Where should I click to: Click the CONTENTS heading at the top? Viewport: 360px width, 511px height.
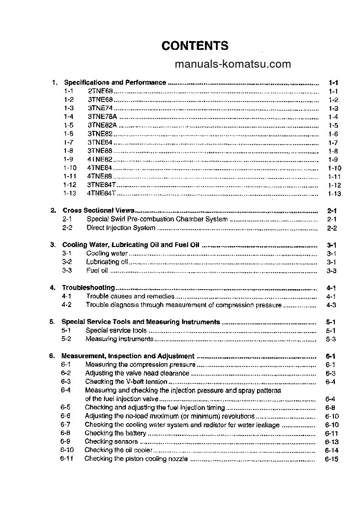coord(195,46)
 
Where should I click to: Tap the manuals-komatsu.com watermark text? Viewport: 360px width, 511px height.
coord(232,64)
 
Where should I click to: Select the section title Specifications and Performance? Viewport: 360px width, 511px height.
coord(115,83)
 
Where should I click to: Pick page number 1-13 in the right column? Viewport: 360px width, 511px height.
coord(334,194)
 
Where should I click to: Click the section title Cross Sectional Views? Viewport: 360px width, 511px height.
coord(98,210)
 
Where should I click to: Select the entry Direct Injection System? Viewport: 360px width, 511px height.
coord(121,228)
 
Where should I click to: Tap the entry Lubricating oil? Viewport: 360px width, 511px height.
coord(107,262)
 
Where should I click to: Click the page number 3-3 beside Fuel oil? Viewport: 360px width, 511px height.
coord(332,271)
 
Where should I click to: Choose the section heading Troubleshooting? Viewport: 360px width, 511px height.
coord(88,288)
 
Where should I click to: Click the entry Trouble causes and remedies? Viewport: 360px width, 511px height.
coord(130,296)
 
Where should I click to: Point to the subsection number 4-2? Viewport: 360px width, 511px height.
coord(66,305)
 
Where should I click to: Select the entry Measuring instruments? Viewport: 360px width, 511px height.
coord(119,339)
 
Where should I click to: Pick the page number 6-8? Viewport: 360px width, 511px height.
coord(331,408)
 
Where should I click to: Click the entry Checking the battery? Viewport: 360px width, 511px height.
coord(115,433)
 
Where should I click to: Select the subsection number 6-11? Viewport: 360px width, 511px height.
coord(66,458)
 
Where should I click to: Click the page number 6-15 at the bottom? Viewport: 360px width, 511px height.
coord(331,459)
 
